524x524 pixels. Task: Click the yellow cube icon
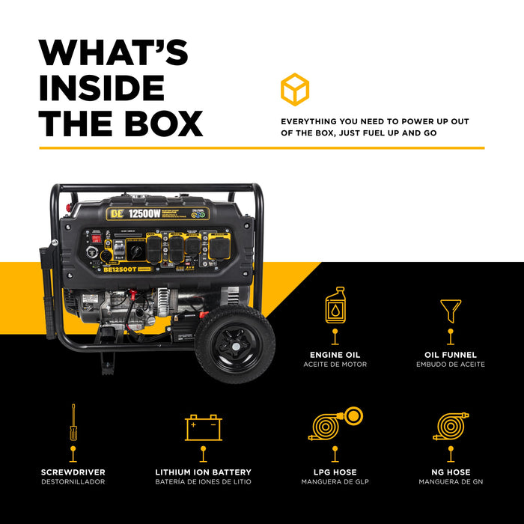pyautogui.click(x=295, y=89)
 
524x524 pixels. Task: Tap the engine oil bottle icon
pyautogui.click(x=335, y=305)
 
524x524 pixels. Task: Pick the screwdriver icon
pyautogui.click(x=73, y=423)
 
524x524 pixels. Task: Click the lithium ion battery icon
pyautogui.click(x=204, y=427)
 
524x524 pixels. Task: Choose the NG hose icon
pyautogui.click(x=451, y=425)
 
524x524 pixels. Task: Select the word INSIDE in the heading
pyautogui.click(x=102, y=88)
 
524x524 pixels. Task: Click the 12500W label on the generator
pyautogui.click(x=147, y=213)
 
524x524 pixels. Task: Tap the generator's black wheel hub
pyautogui.click(x=234, y=344)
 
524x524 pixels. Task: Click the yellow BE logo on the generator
pyautogui.click(x=115, y=213)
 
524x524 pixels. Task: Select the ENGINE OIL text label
pyautogui.click(x=335, y=355)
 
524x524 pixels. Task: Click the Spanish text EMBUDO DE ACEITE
pyautogui.click(x=450, y=365)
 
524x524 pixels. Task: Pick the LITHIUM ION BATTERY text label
pyautogui.click(x=203, y=472)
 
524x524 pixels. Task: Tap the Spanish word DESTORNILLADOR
pyautogui.click(x=73, y=482)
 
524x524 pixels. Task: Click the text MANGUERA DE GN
pyautogui.click(x=451, y=482)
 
